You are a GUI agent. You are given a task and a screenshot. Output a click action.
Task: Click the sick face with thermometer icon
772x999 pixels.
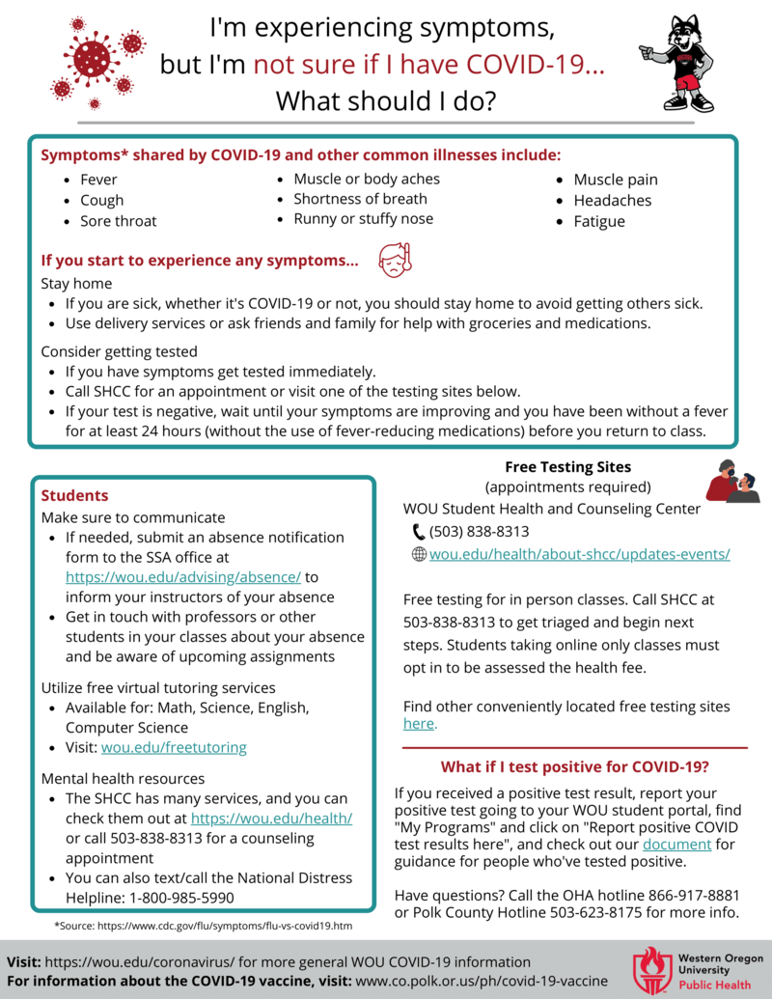click(394, 260)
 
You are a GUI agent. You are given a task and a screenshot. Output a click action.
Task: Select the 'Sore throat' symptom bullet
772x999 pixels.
click(118, 221)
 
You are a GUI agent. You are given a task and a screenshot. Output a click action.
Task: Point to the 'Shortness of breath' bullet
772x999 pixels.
click(360, 199)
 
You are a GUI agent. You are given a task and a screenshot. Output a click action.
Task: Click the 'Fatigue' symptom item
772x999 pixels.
click(599, 221)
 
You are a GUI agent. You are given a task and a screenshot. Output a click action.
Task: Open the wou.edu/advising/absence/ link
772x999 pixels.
click(183, 577)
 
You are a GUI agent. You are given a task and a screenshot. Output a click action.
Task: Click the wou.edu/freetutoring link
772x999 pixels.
click(174, 747)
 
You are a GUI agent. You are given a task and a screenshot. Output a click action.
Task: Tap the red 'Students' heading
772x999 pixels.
click(74, 495)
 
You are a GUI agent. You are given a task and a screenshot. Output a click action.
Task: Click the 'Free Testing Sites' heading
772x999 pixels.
click(567, 467)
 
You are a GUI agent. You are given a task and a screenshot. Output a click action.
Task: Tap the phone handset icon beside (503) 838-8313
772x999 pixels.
click(418, 532)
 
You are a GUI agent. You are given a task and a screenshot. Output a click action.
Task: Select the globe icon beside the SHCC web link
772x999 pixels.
click(418, 554)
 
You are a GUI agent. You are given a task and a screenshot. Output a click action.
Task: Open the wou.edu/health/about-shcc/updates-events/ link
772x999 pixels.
click(579, 554)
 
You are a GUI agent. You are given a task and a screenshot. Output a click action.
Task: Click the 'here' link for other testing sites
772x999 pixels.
click(419, 724)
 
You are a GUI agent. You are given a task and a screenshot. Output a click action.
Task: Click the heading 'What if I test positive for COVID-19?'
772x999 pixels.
click(575, 767)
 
